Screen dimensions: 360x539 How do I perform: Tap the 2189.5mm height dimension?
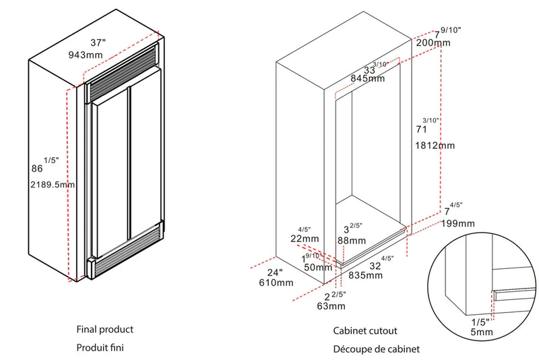click(x=52, y=183)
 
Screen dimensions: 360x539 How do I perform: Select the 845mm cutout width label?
click(x=367, y=78)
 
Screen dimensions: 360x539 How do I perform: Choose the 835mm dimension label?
click(x=365, y=275)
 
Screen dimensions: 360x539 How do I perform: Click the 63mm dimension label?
click(x=331, y=306)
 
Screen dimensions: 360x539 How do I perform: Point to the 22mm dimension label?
click(x=305, y=239)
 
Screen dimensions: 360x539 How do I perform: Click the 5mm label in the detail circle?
click(x=482, y=332)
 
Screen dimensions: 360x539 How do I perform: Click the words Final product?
click(x=104, y=330)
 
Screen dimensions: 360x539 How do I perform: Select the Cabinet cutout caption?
click(x=365, y=331)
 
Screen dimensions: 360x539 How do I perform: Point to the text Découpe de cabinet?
click(x=376, y=349)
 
